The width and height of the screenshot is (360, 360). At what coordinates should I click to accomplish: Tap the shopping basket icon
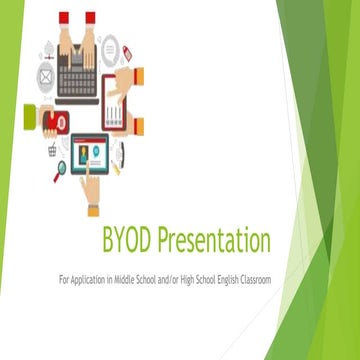[52, 148]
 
